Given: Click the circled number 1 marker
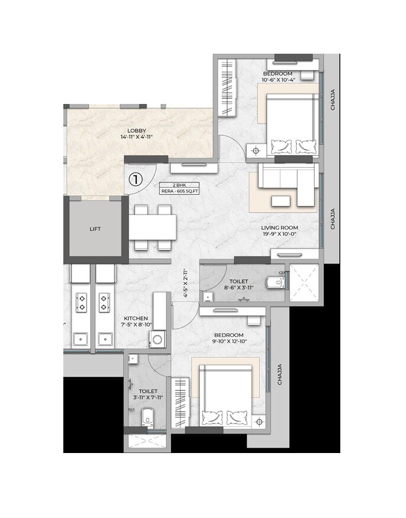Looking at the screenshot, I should (x=136, y=179).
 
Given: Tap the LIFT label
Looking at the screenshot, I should (x=95, y=228).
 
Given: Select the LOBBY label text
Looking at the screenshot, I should (x=137, y=131).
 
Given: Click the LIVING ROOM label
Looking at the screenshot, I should (x=280, y=227).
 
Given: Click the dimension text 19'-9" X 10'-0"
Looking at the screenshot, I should (x=280, y=234).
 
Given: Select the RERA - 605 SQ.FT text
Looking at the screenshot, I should (x=181, y=191).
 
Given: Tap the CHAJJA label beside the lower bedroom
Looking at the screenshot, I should (x=279, y=374).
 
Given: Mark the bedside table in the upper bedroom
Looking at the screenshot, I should (x=256, y=151).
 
